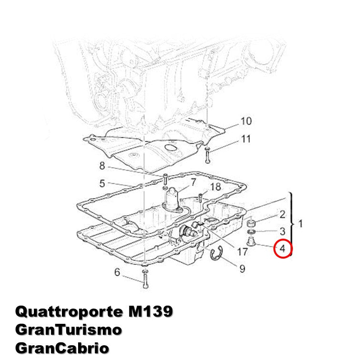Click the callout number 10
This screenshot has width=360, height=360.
click(x=246, y=121)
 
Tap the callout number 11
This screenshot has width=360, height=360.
click(x=246, y=139)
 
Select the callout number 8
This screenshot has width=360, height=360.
click(x=102, y=166)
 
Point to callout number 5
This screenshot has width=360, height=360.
click(x=102, y=183)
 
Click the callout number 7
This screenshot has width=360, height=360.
click(x=193, y=182)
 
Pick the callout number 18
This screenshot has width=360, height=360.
click(x=215, y=187)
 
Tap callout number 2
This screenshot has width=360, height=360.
click(x=282, y=214)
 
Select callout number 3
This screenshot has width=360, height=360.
click(x=282, y=231)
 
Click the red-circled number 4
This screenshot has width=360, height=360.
click(x=283, y=249)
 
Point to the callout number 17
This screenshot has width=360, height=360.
click(x=242, y=251)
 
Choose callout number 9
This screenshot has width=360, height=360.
click(x=242, y=269)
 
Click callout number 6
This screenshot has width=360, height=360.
click(x=117, y=272)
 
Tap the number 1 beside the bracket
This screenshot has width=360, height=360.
click(x=300, y=224)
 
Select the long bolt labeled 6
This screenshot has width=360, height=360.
click(x=145, y=279)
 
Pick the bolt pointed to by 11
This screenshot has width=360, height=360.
click(x=208, y=155)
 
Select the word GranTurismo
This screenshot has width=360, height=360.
click(x=69, y=330)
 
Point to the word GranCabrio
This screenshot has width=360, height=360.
click(x=62, y=348)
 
